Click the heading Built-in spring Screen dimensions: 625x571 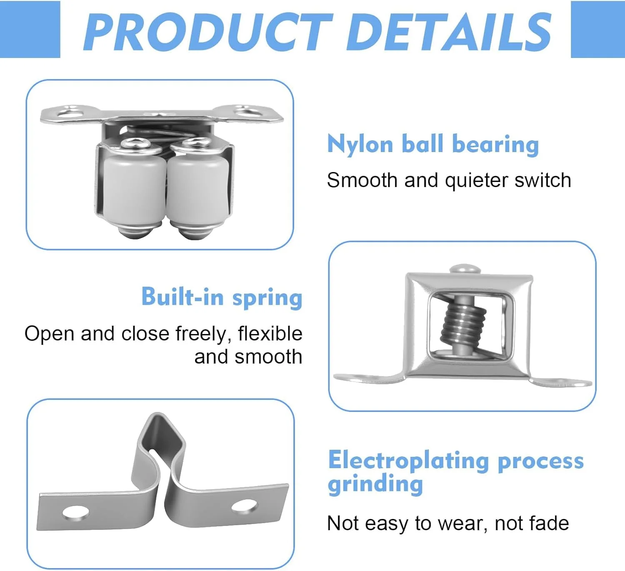222,297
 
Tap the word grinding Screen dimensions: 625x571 375,484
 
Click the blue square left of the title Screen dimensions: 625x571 30,29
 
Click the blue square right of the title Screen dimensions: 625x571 598,29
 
